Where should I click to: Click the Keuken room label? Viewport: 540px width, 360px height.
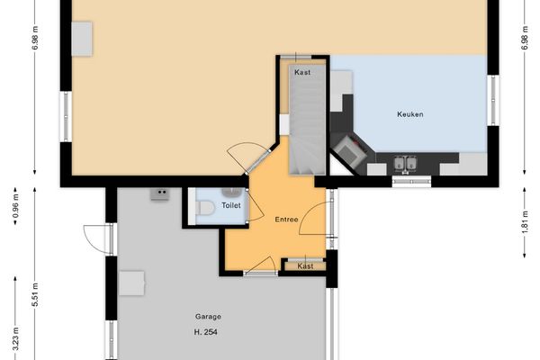click(409, 114)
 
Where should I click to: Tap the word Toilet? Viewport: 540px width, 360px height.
click(232, 205)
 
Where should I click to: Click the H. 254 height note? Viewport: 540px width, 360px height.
click(206, 332)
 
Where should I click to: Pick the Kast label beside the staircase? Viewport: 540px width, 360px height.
click(302, 72)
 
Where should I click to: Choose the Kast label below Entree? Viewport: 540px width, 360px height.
click(306, 265)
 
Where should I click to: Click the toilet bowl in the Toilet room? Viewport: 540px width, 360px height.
click(204, 209)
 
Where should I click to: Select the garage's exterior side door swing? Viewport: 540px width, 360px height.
click(95, 237)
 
